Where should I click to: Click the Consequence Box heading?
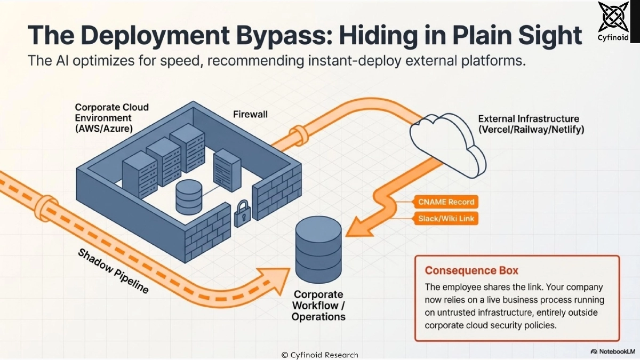pyautogui.click(x=463, y=270)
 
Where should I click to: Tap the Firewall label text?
pyautogui.click(x=251, y=114)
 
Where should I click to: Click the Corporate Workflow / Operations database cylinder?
pyautogui.click(x=318, y=249)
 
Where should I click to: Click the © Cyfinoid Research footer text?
pyautogui.click(x=319, y=355)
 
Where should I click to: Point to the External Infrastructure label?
pyautogui.click(x=528, y=124)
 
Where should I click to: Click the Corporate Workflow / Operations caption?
pyautogui.click(x=318, y=306)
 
